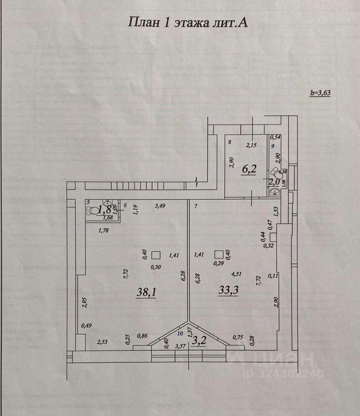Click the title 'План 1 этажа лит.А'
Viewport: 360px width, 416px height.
point(188,23)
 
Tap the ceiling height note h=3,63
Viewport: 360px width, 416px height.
point(321,92)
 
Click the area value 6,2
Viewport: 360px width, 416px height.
point(249,169)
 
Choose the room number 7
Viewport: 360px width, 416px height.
point(196,206)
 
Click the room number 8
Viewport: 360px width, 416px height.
point(230,142)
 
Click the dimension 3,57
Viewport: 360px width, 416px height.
point(180,345)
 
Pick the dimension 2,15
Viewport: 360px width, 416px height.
point(251,145)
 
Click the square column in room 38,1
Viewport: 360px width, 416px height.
point(156,255)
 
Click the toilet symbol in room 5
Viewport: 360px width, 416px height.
point(92,211)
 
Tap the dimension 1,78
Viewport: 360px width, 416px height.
point(104,231)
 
